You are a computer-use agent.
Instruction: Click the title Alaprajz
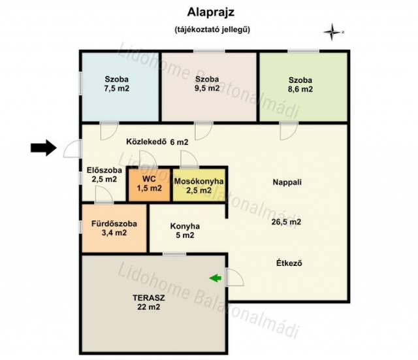[x=210, y=12]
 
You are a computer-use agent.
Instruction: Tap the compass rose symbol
[x=332, y=32]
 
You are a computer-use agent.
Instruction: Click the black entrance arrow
[x=44, y=148]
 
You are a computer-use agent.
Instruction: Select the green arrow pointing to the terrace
[x=216, y=278]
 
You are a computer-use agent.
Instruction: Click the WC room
[x=150, y=184]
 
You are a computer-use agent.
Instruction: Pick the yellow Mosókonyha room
[x=199, y=185]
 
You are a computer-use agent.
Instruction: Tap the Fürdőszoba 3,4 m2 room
[x=114, y=228]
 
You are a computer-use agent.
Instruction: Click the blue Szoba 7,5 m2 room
[x=120, y=87]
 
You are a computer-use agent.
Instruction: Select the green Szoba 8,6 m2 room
[x=303, y=87]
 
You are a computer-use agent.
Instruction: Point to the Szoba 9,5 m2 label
[x=207, y=84]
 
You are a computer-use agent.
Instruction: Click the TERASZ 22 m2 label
[x=149, y=302]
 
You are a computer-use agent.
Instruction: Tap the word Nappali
[x=287, y=182]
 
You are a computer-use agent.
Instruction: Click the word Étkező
[x=289, y=263]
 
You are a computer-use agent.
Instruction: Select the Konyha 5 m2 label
[x=185, y=231]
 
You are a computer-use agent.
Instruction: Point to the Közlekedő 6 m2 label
[x=157, y=142]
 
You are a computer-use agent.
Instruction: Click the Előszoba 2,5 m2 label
[x=104, y=174]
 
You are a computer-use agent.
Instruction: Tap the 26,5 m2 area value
[x=286, y=222]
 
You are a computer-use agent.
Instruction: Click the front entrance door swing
[x=71, y=149]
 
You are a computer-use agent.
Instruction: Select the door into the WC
[x=148, y=159]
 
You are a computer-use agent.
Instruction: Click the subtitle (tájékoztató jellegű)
[x=212, y=29]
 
